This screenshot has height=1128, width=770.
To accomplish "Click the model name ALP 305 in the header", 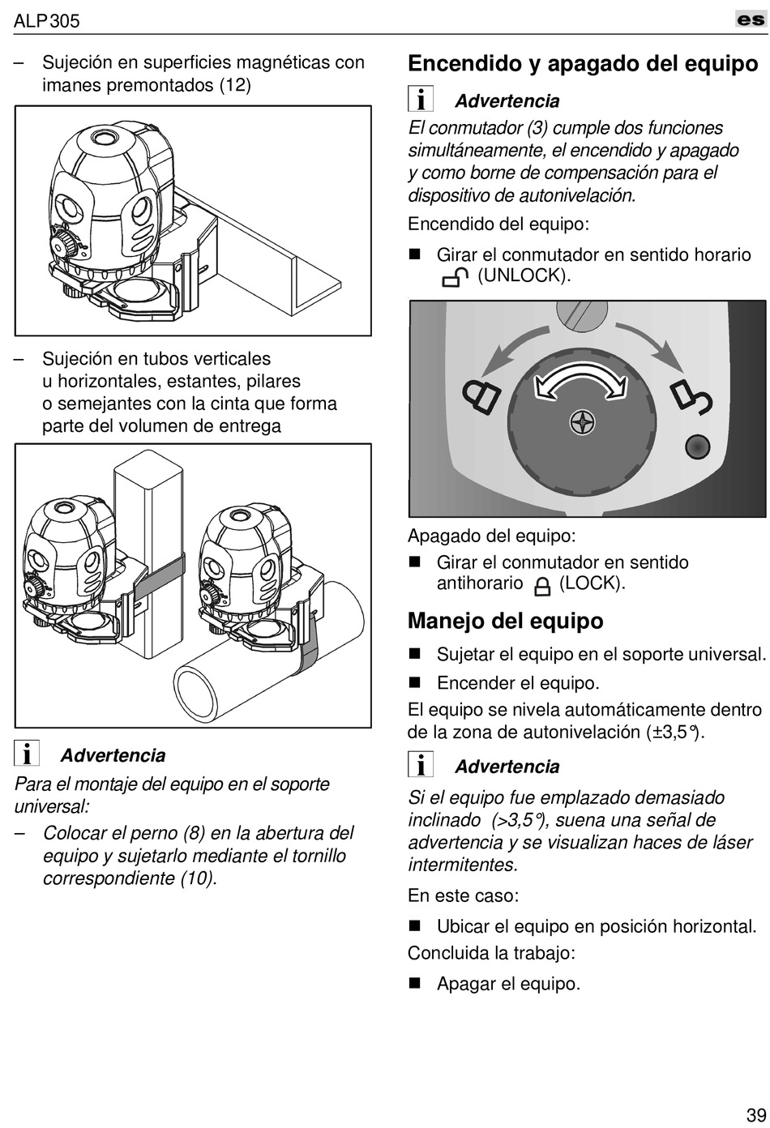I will [47, 21].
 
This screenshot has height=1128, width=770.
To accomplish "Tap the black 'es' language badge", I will [751, 19].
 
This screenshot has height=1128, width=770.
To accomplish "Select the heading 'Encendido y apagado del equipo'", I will [583, 64].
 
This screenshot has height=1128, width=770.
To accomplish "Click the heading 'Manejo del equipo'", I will [505, 621].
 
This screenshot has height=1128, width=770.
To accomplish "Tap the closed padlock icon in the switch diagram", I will [481, 395].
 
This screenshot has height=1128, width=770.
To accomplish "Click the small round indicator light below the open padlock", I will [696, 446].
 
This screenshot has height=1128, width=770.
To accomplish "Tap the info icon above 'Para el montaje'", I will [28, 754].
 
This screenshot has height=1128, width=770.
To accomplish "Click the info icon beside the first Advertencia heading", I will [420, 100].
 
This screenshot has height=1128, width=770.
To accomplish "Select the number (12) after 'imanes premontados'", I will [235, 85].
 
